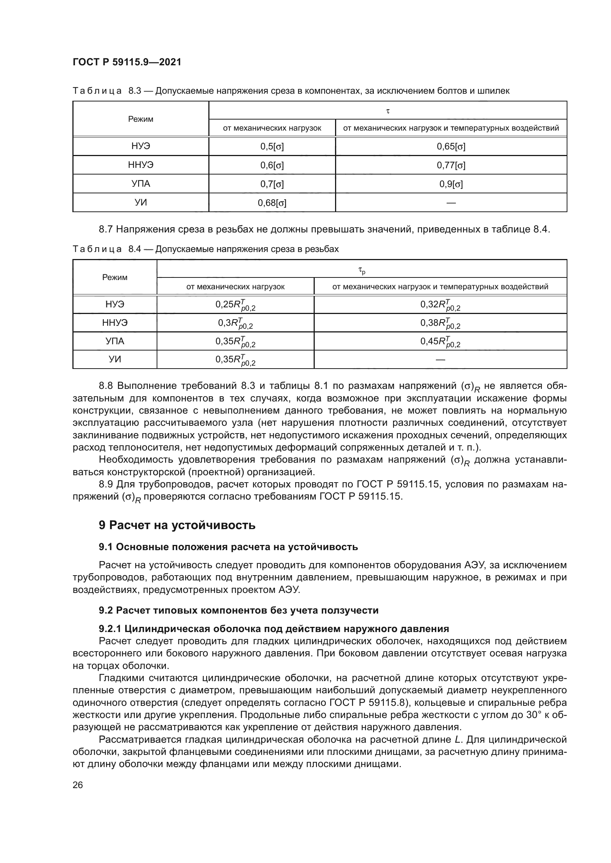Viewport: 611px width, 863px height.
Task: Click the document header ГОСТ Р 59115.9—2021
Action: click(x=127, y=62)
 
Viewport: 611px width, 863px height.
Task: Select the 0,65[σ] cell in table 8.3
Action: click(x=451, y=146)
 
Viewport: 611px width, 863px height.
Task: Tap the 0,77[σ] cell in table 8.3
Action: click(x=451, y=165)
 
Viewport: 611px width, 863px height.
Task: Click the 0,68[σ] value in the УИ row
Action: click(x=272, y=203)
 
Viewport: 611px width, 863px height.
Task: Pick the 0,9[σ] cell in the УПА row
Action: click(x=451, y=184)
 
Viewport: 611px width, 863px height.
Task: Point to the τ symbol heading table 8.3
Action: click(x=388, y=111)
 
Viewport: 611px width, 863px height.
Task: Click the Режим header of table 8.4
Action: click(x=115, y=277)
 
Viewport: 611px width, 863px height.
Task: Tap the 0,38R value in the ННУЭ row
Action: click(x=440, y=323)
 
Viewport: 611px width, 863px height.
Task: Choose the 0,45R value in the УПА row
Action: click(x=440, y=342)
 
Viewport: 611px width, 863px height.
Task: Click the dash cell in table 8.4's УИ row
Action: click(x=440, y=360)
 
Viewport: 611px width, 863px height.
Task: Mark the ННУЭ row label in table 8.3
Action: click(x=141, y=165)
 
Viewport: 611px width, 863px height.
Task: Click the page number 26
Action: click(x=78, y=785)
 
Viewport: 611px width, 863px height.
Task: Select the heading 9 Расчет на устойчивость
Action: click(x=177, y=525)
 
